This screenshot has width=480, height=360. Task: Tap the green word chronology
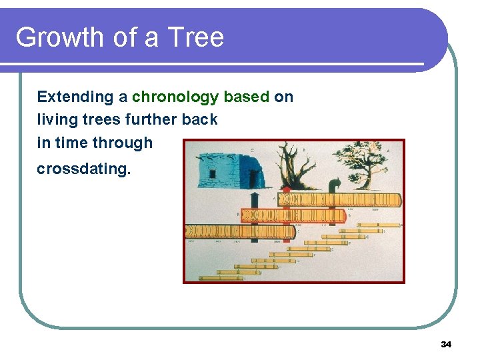coord(175,97)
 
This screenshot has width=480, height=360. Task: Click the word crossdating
coord(84,169)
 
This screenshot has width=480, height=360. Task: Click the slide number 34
coord(446,345)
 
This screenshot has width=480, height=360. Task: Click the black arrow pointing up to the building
coord(255,200)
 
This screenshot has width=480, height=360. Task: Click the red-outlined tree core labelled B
coord(293,215)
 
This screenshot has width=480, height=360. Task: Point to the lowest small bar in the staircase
coord(220,277)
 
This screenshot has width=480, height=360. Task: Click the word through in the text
coord(123,143)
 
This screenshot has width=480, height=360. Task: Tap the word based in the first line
coord(247,97)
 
